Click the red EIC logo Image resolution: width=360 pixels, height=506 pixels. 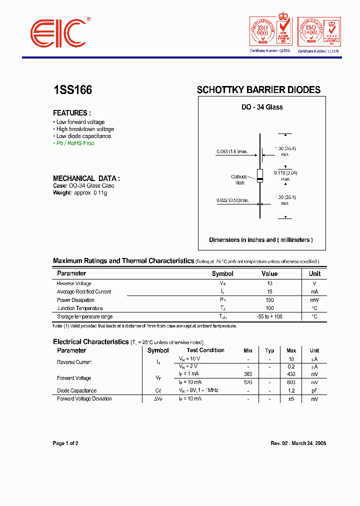58,33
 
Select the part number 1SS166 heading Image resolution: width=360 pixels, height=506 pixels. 72,90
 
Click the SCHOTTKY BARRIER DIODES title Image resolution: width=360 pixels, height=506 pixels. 258,90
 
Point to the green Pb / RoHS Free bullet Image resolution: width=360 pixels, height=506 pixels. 74,143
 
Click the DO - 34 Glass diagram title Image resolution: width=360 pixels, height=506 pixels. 262,107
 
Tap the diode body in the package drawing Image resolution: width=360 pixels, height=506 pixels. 259,175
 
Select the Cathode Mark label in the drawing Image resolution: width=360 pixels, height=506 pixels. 239,179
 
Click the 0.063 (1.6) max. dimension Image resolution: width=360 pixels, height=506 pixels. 232,151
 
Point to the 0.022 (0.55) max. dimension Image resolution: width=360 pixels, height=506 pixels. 232,200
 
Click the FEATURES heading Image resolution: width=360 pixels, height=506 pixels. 72,113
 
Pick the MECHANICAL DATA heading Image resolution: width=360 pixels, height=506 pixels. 86,178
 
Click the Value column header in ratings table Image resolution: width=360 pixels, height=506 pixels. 269,273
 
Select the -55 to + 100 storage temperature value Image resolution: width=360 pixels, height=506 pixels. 269,316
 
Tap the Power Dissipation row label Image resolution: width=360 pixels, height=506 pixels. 75,300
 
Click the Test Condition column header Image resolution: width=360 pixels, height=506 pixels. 205,350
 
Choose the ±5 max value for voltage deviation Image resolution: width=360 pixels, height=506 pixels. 291,399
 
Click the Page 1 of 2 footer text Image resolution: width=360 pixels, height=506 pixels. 65,443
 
